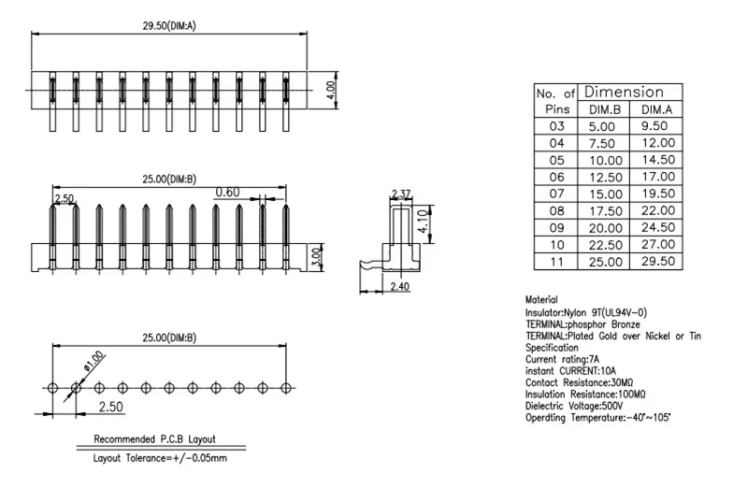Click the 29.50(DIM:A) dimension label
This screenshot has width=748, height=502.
[168, 25]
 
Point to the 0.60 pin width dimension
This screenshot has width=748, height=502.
[227, 193]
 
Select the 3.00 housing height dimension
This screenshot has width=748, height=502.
[315, 254]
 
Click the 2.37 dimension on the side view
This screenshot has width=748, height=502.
[400, 194]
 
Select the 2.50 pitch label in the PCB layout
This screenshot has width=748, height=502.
[110, 407]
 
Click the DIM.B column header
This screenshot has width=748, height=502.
[604, 109]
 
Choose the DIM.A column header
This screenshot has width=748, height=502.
[657, 109]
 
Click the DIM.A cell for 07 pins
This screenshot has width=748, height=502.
[657, 194]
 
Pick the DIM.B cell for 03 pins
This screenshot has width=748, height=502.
[604, 125]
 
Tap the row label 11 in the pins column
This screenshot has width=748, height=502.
[556, 262]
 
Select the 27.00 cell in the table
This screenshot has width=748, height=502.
[657, 244]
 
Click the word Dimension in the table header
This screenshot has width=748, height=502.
[624, 93]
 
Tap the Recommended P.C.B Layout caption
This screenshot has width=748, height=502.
[155, 438]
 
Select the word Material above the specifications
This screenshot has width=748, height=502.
[541, 300]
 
